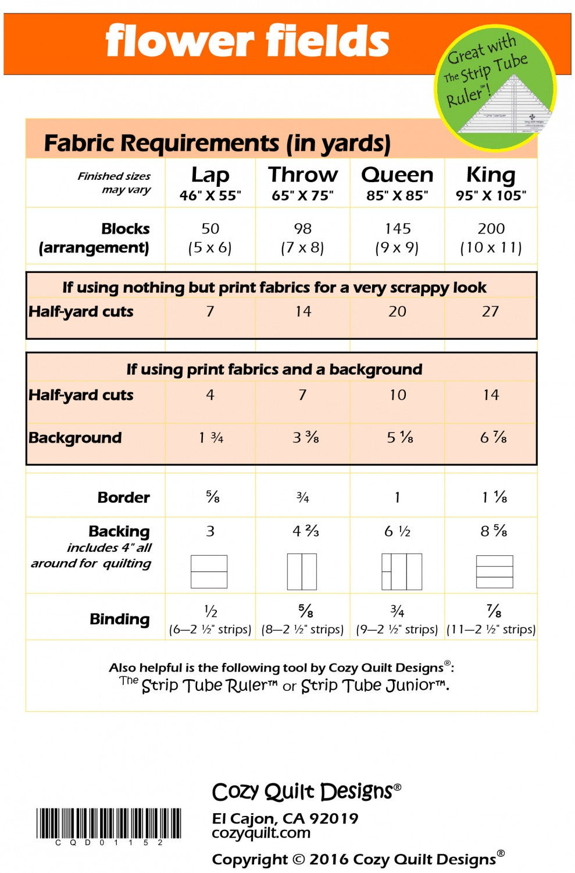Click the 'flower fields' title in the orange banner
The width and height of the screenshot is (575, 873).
point(247,42)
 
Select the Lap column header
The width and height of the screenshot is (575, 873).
point(210,183)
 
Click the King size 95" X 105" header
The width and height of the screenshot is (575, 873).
point(491,183)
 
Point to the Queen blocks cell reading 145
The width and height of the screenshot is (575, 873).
point(397,237)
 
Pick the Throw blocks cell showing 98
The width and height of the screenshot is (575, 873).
point(302,237)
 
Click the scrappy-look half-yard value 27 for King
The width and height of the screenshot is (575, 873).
point(490,311)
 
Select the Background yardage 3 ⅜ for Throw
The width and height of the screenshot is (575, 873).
point(305,438)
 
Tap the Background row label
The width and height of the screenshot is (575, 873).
point(75,438)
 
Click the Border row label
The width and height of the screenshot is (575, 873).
point(123,498)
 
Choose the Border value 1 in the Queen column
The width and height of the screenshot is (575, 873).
point(397,498)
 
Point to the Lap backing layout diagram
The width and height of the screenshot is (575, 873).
point(209,572)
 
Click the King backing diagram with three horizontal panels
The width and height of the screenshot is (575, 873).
point(494,572)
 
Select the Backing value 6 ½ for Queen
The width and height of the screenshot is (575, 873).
point(397,531)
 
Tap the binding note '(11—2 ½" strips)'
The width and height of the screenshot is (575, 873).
point(491,629)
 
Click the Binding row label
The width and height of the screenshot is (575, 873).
point(119,619)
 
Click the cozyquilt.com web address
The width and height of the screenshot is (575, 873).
point(261,833)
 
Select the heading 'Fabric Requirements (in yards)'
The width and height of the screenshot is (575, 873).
point(217,143)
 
